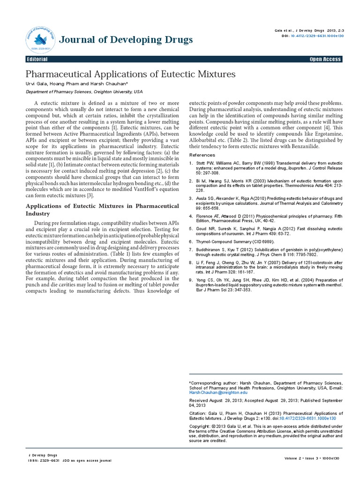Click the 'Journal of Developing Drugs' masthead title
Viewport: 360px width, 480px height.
coord(126,39)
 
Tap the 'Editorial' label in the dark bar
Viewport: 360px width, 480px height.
coord(37,60)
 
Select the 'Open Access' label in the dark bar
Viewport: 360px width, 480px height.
coord(325,60)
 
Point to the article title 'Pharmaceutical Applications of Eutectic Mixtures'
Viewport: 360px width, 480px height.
coord(130,75)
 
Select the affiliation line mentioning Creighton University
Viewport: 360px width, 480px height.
coord(84,92)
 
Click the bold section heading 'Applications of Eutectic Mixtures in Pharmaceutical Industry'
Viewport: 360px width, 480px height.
coord(102,209)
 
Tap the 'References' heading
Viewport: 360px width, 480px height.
coord(202,155)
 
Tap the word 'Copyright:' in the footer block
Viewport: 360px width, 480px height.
coord(199,426)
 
